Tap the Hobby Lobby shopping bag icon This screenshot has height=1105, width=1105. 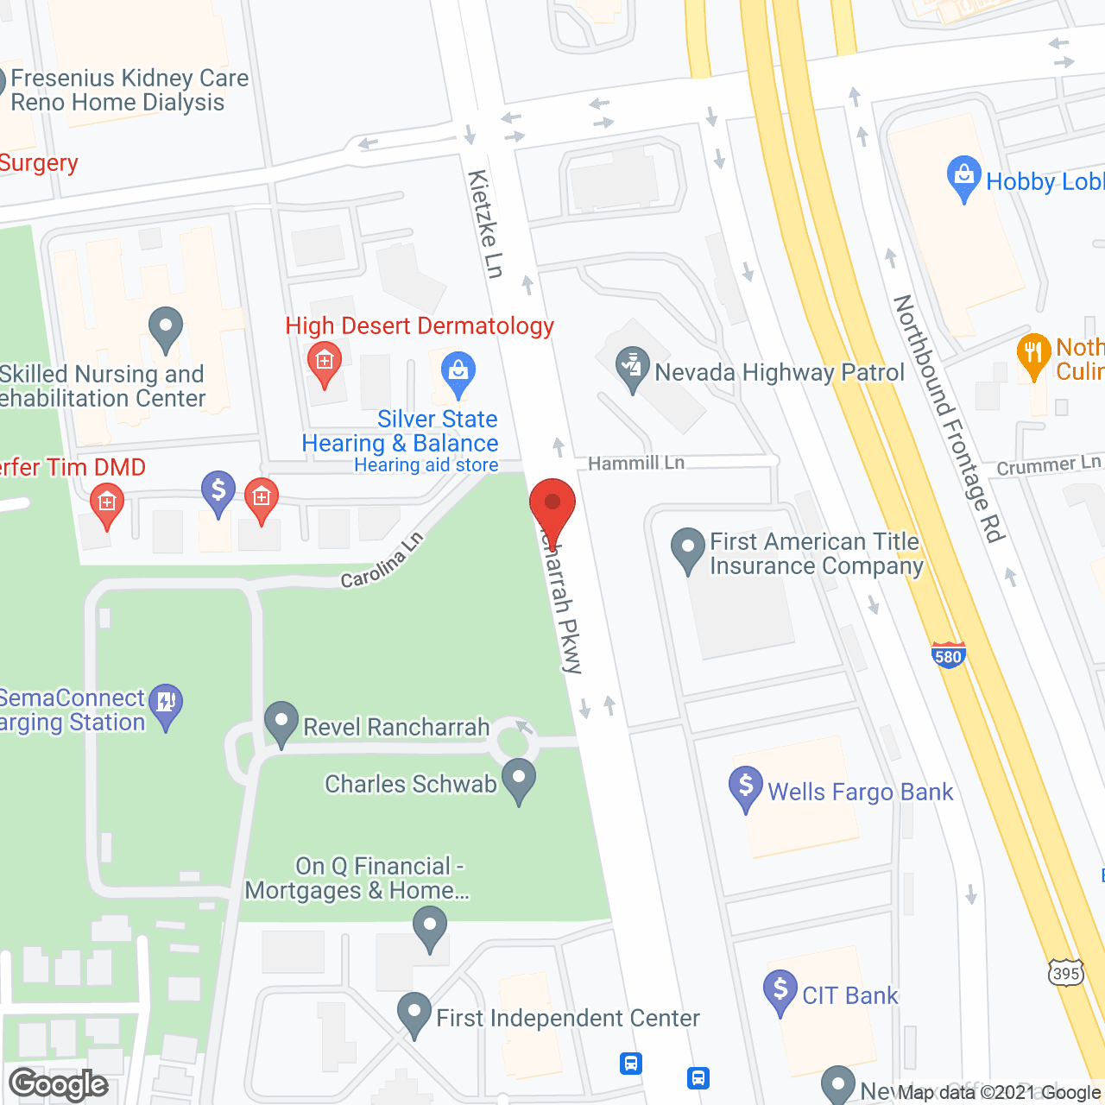coord(963,178)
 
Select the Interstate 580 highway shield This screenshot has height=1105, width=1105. coord(948,655)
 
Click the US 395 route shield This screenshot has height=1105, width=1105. coord(1066,972)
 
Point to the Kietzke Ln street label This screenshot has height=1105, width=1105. coord(486,224)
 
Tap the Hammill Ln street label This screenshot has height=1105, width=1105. coord(636,464)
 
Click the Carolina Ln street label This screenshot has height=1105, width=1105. coord(382,560)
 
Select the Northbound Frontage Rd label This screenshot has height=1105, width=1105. coord(950,419)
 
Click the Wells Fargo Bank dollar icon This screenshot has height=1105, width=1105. coord(745,788)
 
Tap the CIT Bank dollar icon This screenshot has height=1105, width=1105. coord(780,992)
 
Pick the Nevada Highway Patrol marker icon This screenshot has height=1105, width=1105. coord(633,369)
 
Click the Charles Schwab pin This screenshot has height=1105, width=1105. coord(519,780)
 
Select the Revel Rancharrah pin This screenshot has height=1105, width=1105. coord(281,723)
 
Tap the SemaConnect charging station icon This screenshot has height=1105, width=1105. coord(165,705)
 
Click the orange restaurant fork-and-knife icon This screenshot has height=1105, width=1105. coord(1033,355)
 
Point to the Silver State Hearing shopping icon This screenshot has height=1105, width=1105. coord(458,373)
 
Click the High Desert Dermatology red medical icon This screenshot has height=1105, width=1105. coord(325,363)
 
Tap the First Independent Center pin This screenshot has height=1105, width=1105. coord(414,1014)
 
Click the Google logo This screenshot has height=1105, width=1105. coord(59,1084)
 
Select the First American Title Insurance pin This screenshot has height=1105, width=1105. coord(688,549)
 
